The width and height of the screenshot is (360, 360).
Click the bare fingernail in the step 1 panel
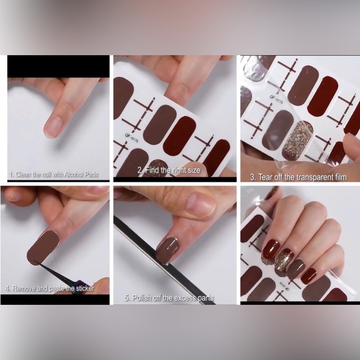(53, 127)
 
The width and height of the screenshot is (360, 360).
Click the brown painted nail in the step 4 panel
(43, 247)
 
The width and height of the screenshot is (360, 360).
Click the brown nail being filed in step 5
(168, 250)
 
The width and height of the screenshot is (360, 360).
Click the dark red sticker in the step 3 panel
(323, 97)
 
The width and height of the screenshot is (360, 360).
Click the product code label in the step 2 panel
(132, 138)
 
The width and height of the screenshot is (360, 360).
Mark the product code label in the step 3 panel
(276, 99)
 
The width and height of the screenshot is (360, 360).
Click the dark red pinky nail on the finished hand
(308, 276)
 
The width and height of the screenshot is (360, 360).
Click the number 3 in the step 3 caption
(253, 178)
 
